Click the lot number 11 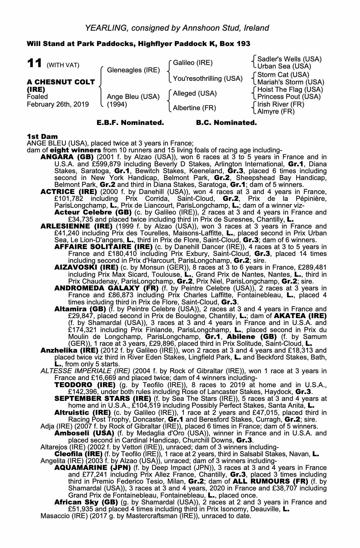[35, 63]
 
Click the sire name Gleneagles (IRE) [133, 70]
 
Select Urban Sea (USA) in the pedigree [284, 66]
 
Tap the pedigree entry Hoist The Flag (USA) [290, 90]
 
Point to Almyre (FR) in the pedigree [276, 112]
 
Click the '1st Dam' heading [42, 136]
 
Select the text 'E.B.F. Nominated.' [130, 123]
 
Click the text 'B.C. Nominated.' [226, 123]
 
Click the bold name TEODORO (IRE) [85, 385]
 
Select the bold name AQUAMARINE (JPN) [93, 468]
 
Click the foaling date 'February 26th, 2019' [58, 104]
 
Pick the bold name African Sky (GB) [86, 502]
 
